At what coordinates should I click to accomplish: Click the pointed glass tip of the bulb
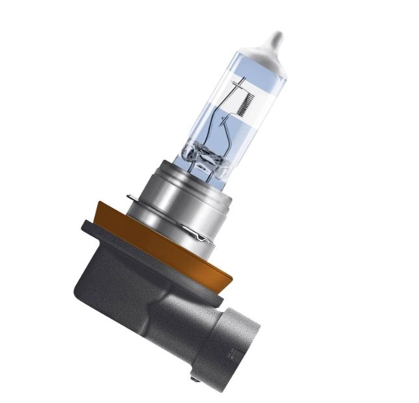(275, 37)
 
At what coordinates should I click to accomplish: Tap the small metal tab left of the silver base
(132, 197)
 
